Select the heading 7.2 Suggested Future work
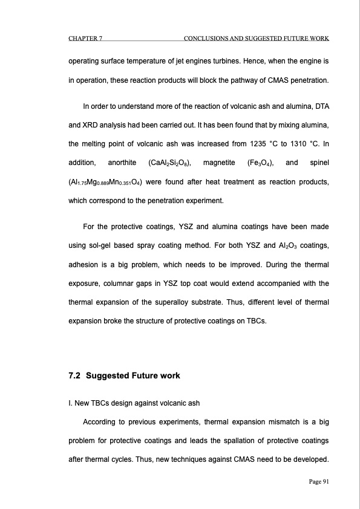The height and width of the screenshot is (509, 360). [x=124, y=375]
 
